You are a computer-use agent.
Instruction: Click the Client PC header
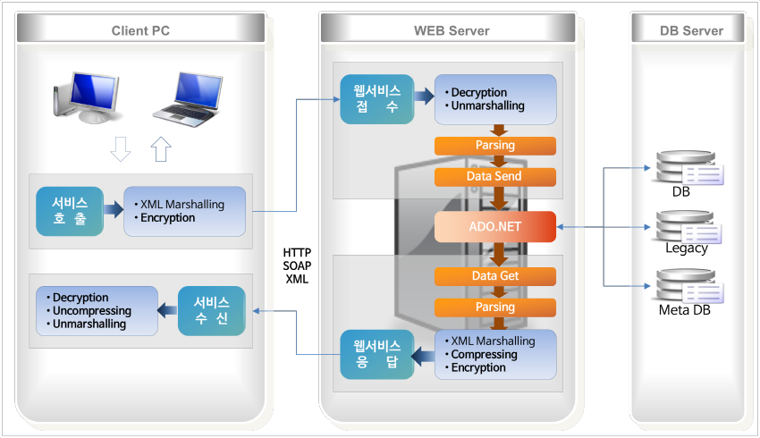[x=140, y=30]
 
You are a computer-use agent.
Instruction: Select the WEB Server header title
[x=452, y=30]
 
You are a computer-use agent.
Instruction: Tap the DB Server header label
[x=691, y=30]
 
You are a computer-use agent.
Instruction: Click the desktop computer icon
[x=86, y=97]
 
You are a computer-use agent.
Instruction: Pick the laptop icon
[x=188, y=100]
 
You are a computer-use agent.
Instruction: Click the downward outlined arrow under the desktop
[x=121, y=148]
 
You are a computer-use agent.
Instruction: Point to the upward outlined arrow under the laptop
[x=161, y=148]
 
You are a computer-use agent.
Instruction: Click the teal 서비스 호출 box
[x=70, y=211]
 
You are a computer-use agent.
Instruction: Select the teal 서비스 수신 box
[x=211, y=310]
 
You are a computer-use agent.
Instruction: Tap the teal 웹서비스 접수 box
[x=377, y=99]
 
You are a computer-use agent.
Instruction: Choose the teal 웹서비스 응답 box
[x=377, y=354]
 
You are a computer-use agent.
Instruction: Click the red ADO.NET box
[x=494, y=226]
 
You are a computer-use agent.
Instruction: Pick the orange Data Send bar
[x=494, y=176]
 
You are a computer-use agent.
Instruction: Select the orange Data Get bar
[x=494, y=276]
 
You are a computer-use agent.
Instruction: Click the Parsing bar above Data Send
[x=494, y=146]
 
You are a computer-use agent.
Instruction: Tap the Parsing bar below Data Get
[x=494, y=307]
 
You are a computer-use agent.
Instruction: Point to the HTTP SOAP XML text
[x=297, y=266]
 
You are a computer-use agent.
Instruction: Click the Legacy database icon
[x=688, y=227]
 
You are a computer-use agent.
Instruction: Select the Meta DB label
[x=684, y=310]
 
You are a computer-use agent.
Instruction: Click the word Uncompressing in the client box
[x=92, y=311]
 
